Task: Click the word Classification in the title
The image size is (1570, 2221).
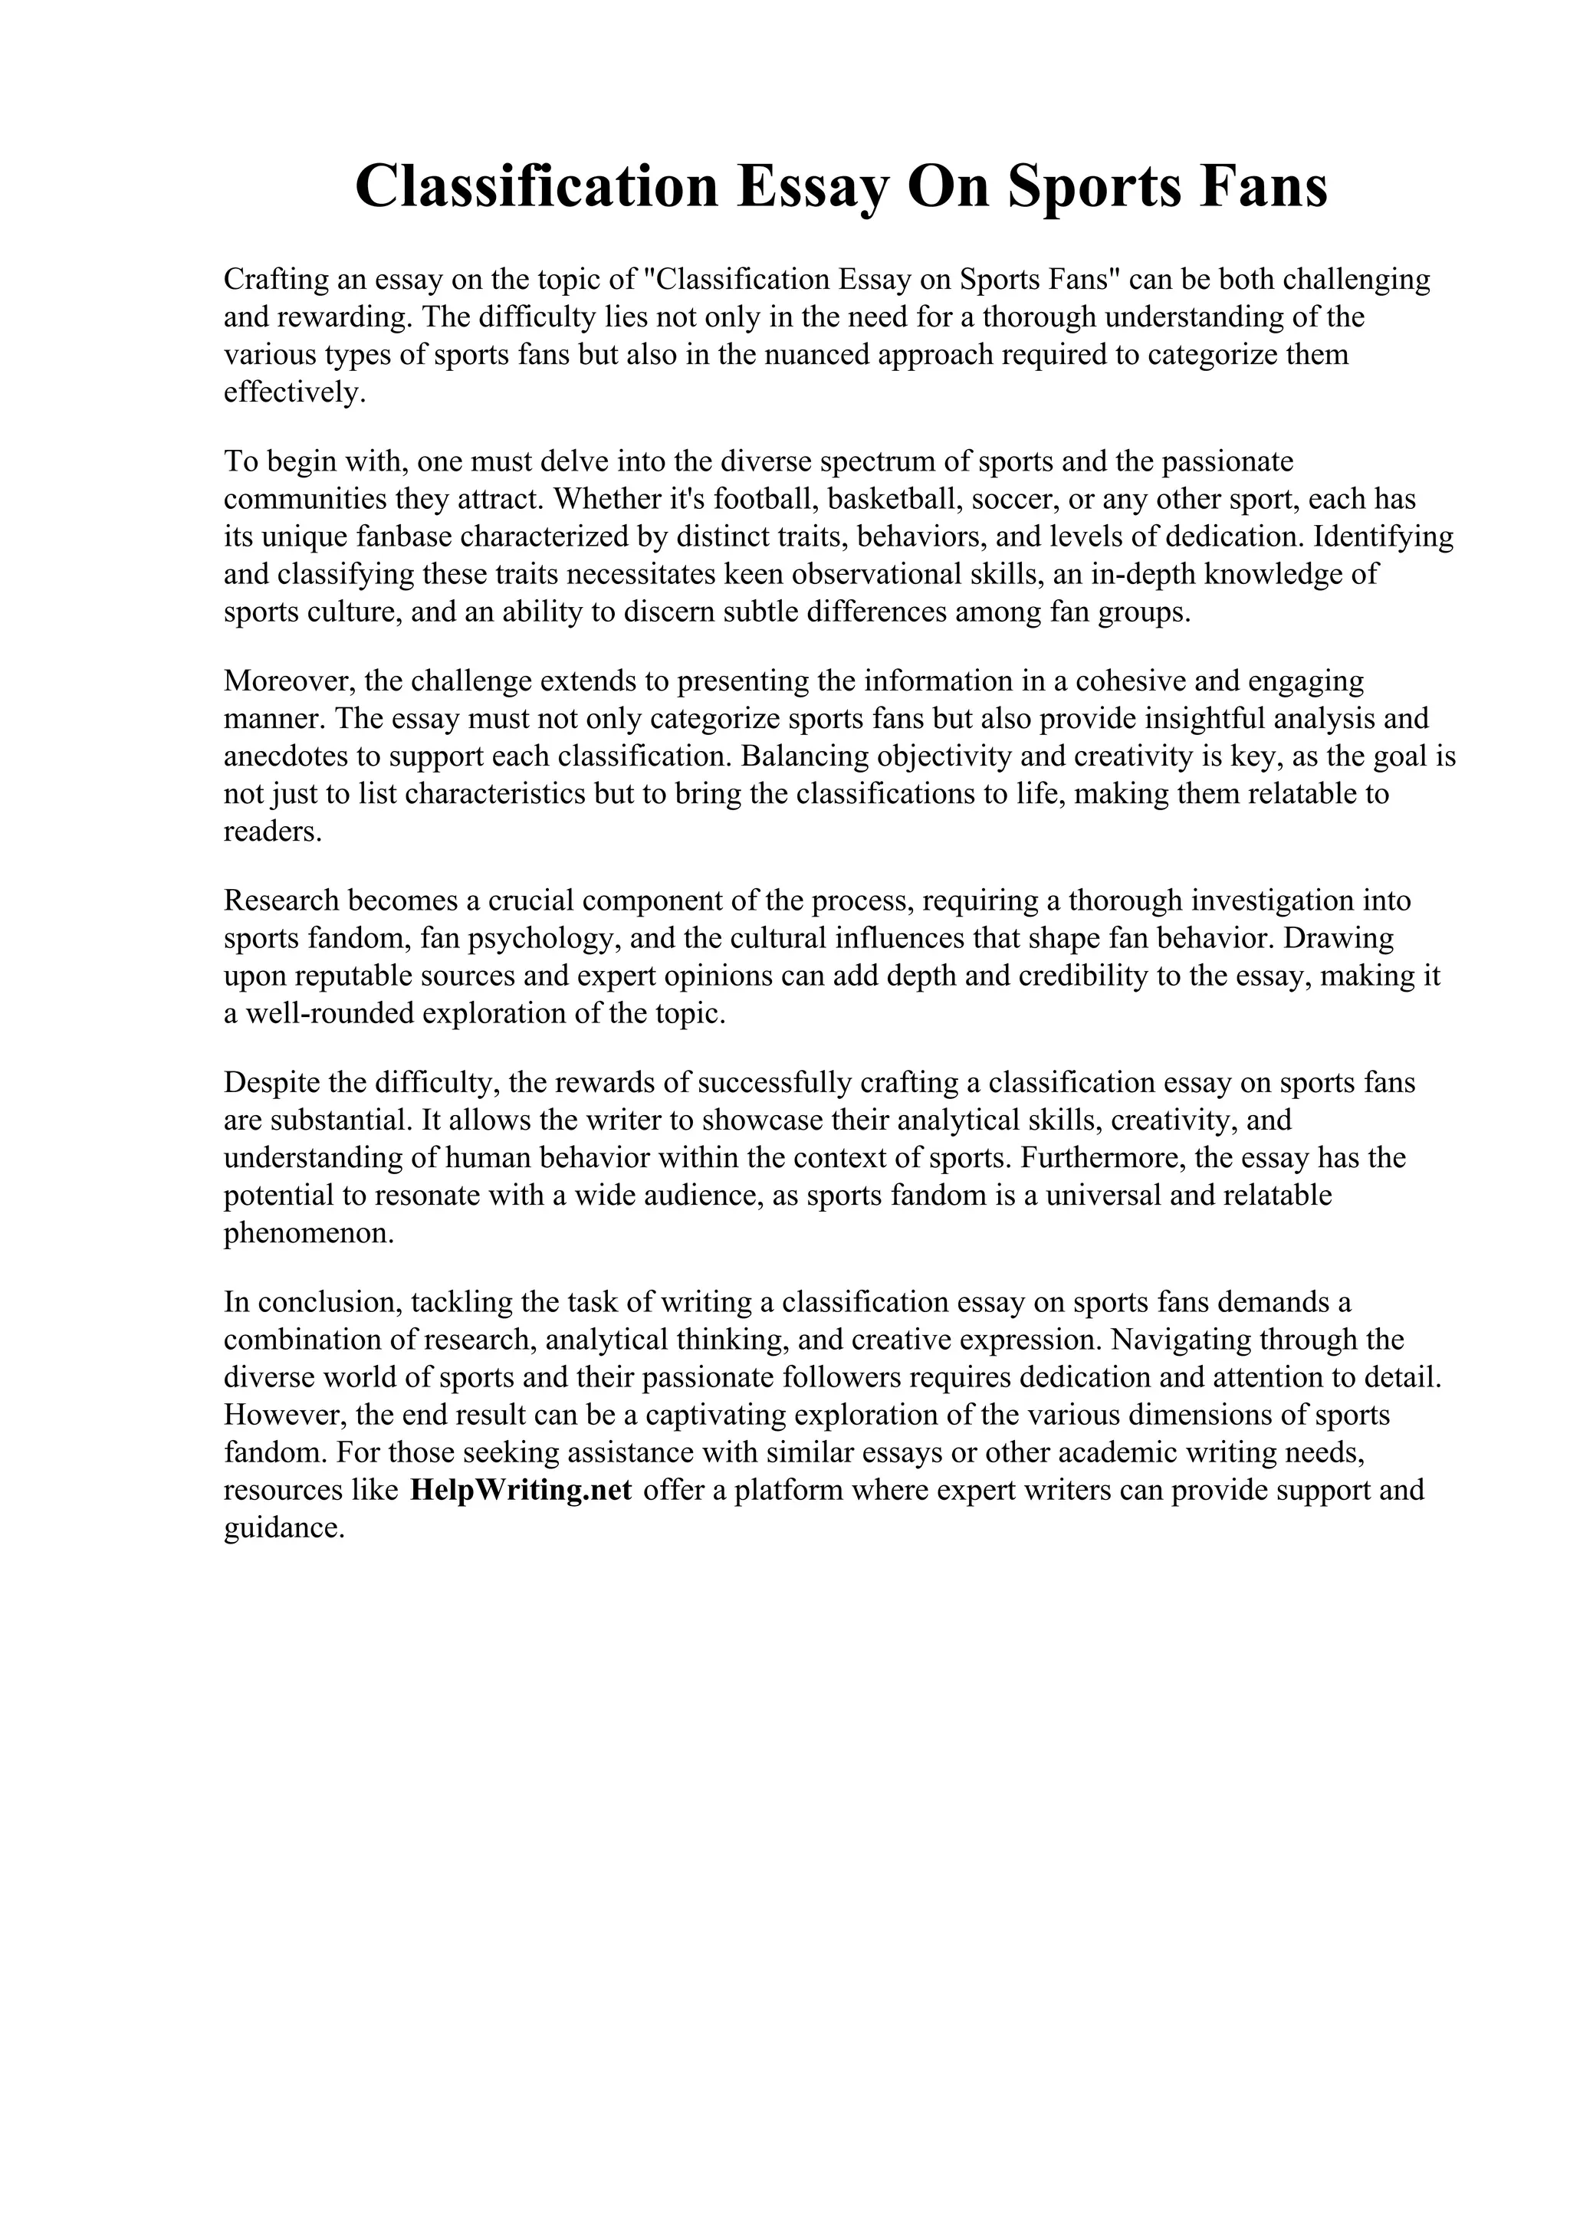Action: pyautogui.click(x=536, y=187)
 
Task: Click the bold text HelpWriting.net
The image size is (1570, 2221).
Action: pyautogui.click(x=521, y=1490)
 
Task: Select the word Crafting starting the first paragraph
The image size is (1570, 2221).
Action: pyautogui.click(x=274, y=280)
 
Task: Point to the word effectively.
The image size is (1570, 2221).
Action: pyautogui.click(x=295, y=392)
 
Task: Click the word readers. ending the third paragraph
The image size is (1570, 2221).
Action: pyautogui.click(x=272, y=832)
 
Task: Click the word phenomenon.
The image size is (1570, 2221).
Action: pyautogui.click(x=309, y=1233)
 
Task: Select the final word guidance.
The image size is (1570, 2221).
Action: pyautogui.click(x=284, y=1528)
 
